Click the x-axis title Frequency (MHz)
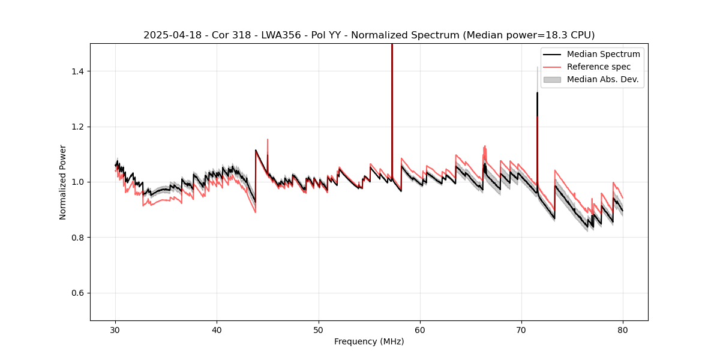click(369, 341)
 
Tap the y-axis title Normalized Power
click(63, 182)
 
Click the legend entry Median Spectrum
click(603, 54)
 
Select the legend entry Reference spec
click(599, 67)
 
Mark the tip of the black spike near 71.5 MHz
click(537, 93)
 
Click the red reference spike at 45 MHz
click(268, 140)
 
